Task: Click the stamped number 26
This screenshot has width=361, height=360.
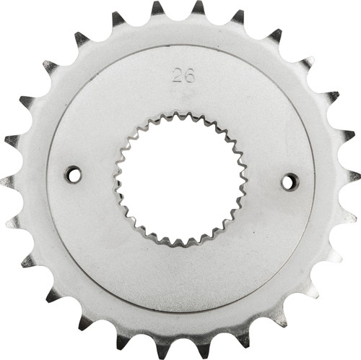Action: tap(183, 76)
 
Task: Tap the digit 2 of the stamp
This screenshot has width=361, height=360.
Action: tap(177, 76)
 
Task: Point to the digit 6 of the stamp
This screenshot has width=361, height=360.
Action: tap(188, 76)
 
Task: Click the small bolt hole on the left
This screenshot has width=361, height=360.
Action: tap(73, 174)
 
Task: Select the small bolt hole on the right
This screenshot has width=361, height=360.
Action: tap(290, 181)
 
